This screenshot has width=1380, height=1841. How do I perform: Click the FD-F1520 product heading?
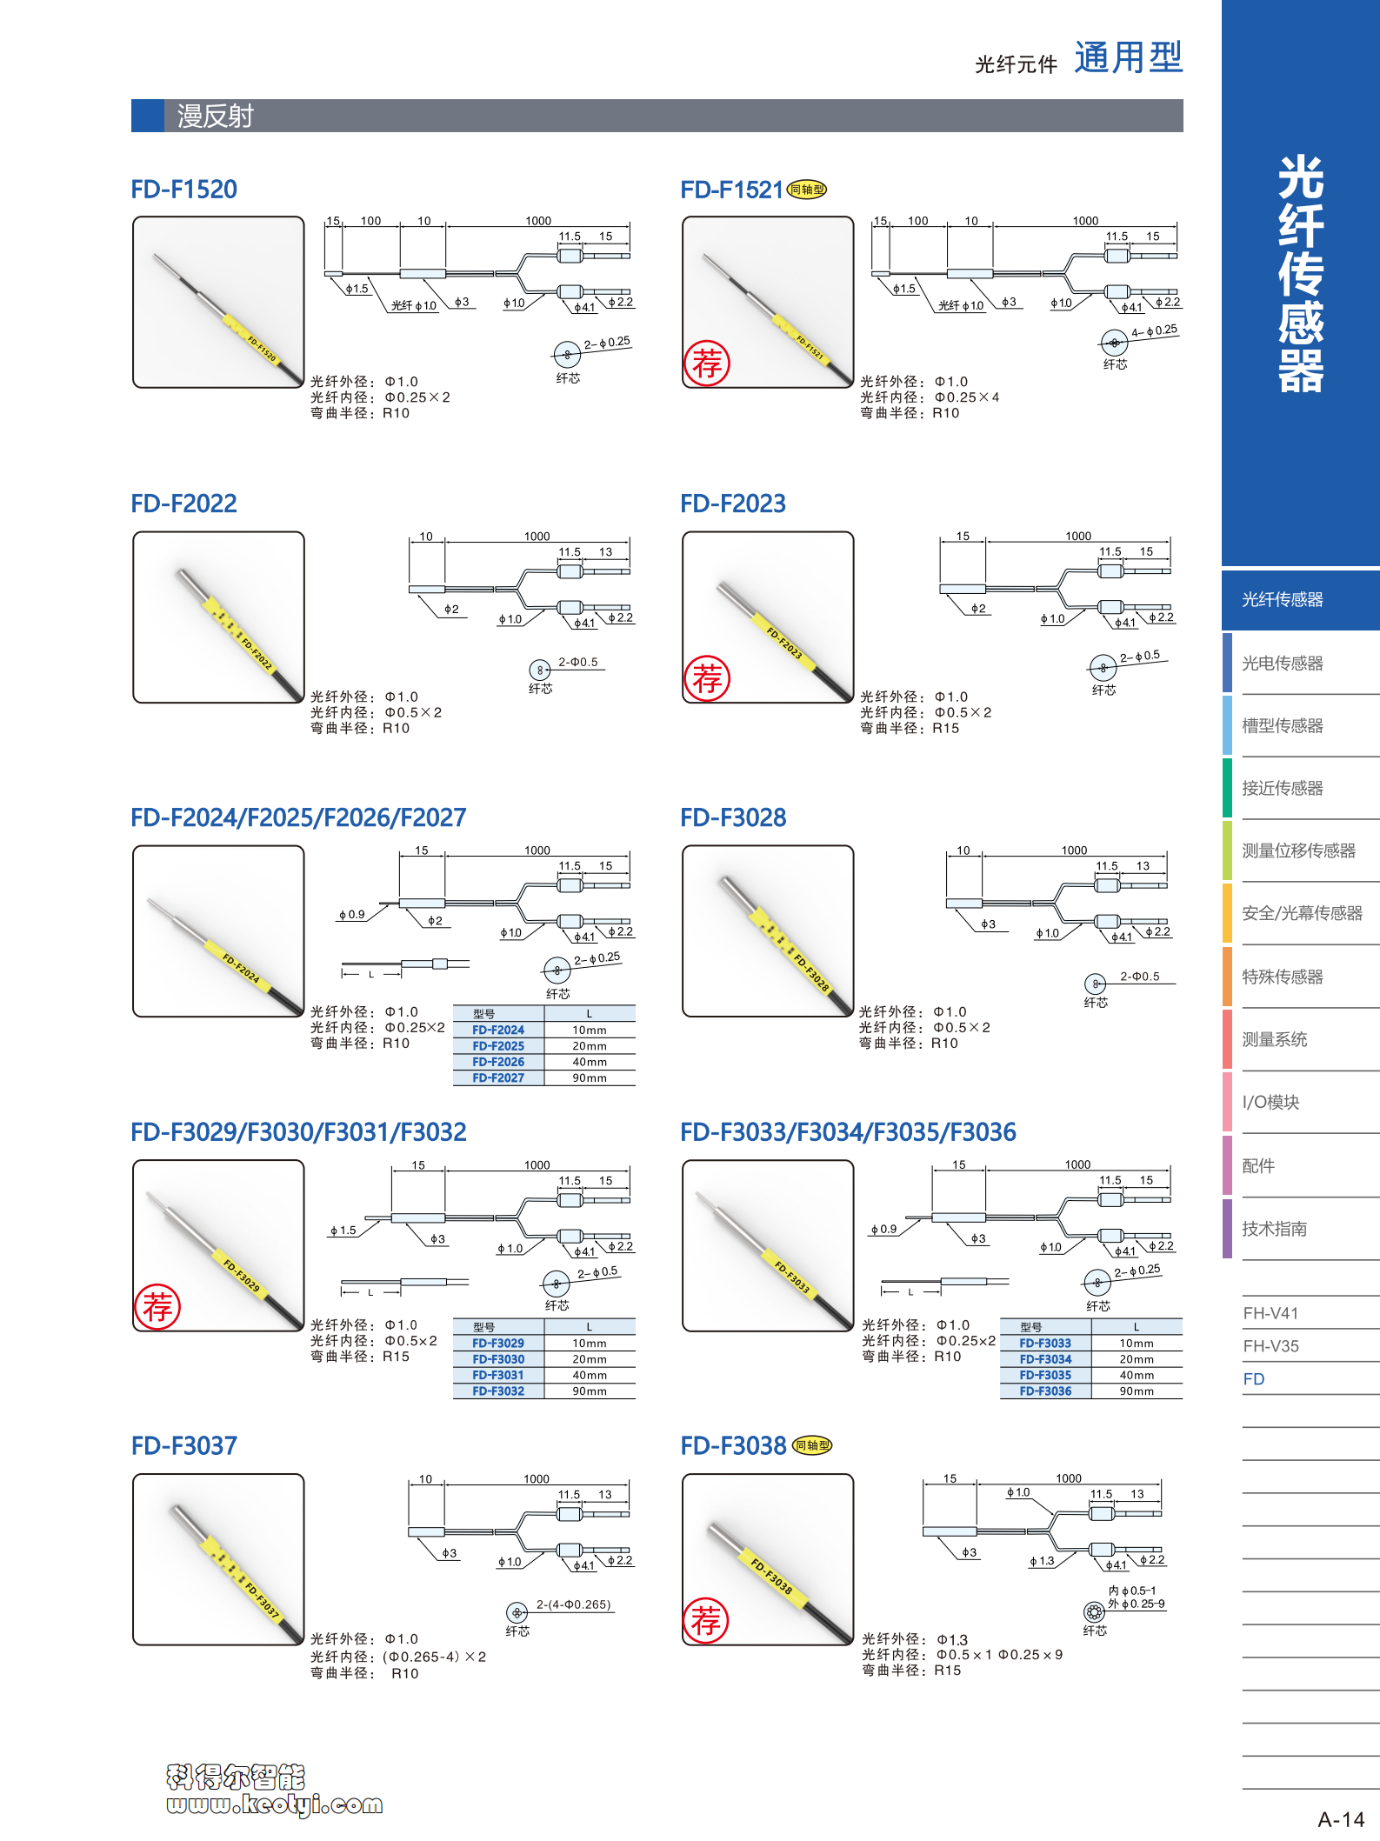[x=183, y=190]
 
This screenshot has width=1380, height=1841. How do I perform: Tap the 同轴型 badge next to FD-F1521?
[x=807, y=190]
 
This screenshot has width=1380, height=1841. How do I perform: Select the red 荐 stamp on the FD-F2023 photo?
[x=707, y=678]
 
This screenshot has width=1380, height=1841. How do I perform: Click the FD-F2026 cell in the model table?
[x=498, y=1062]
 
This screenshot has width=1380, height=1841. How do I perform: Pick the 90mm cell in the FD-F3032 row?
[x=590, y=1391]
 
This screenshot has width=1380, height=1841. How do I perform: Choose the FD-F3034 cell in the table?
[x=1045, y=1359]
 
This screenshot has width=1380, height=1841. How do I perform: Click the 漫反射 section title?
[x=215, y=117]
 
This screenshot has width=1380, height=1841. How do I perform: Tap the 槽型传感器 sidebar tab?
[x=1282, y=726]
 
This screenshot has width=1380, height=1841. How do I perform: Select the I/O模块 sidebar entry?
[x=1270, y=1103]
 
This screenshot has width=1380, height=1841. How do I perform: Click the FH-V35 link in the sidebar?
[x=1270, y=1346]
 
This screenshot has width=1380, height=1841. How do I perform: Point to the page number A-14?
[x=1341, y=1819]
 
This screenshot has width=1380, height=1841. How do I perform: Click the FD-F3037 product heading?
[x=183, y=1446]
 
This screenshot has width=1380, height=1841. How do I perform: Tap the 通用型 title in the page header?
[x=1128, y=58]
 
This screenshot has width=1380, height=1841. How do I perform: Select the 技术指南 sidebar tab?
[x=1274, y=1229]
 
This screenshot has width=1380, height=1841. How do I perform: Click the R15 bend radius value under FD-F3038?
[x=948, y=1671]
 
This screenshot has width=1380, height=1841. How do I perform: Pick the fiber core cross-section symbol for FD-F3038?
[x=1094, y=1611]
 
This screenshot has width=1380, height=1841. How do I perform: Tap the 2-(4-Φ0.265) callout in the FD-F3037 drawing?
[x=574, y=1604]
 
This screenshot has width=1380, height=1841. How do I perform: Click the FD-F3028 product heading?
[x=733, y=818]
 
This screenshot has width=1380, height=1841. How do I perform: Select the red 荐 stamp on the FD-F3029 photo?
[x=157, y=1306]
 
